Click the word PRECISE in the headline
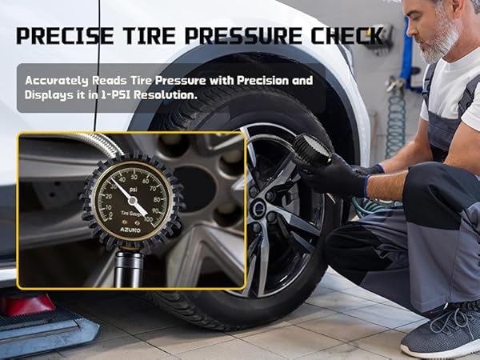62,36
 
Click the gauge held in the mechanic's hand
311,150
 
